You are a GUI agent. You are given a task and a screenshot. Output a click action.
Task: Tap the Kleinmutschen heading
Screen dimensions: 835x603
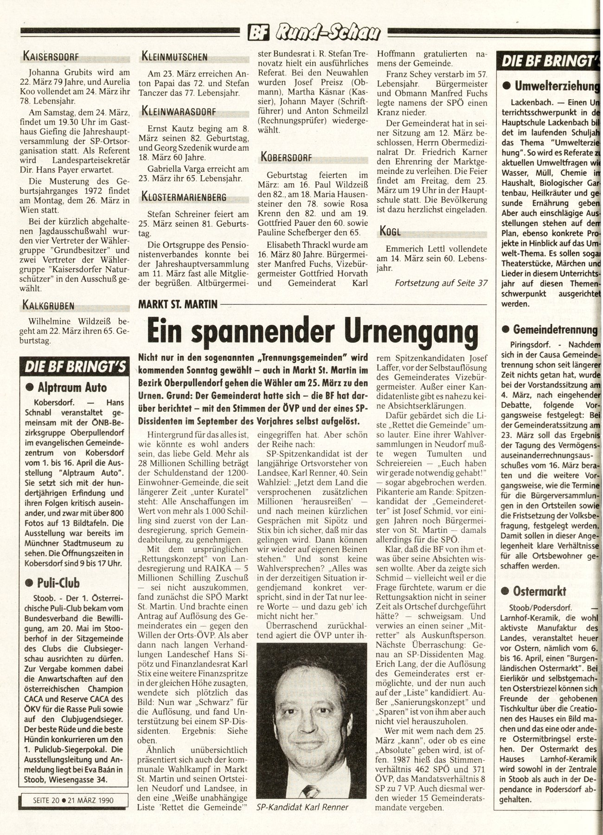click(x=174, y=57)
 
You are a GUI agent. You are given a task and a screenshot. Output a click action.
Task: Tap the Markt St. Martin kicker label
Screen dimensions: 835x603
click(x=178, y=304)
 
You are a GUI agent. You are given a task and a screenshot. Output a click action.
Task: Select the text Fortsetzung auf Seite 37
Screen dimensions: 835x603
click(x=441, y=283)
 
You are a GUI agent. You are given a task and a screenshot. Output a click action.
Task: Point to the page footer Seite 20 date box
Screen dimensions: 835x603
click(x=69, y=800)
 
